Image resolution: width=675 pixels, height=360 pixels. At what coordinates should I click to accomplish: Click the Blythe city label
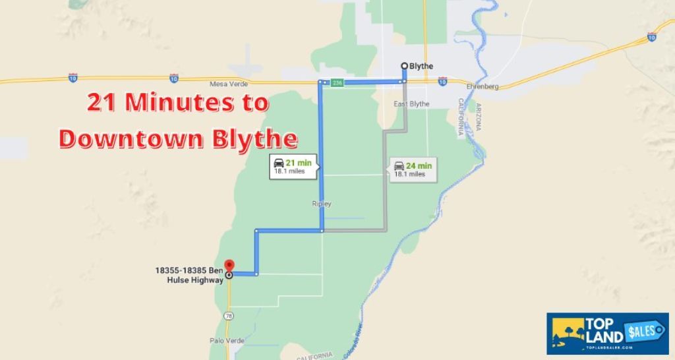click(x=421, y=66)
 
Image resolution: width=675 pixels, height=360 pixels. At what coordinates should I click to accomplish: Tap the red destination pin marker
click(x=229, y=265)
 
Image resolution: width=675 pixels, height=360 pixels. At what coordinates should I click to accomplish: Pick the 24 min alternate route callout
click(x=413, y=169)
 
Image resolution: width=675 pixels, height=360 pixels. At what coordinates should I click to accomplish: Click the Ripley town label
click(x=321, y=204)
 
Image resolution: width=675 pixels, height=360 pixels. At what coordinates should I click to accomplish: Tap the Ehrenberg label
click(x=482, y=86)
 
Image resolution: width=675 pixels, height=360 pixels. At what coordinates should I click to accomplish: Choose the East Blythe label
click(x=411, y=104)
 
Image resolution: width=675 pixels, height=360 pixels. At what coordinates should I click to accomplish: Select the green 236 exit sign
click(x=337, y=82)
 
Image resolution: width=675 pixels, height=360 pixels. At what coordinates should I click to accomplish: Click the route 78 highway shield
click(x=229, y=316)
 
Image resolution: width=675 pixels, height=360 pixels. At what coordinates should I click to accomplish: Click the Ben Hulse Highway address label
click(x=189, y=274)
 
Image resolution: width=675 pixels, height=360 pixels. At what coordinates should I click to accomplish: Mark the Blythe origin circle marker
click(x=404, y=65)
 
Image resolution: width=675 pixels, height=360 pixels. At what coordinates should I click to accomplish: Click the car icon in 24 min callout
click(x=399, y=165)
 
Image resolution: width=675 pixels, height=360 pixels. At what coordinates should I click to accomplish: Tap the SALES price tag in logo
click(x=645, y=330)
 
